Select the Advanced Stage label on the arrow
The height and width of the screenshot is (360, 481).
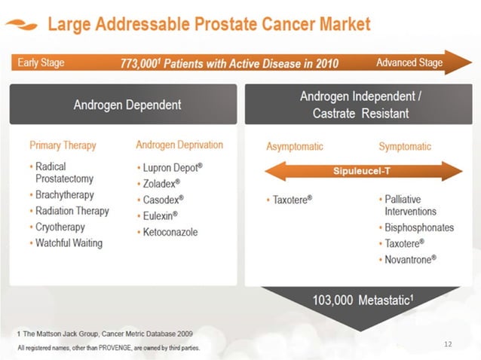point(409,63)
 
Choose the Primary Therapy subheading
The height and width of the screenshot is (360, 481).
point(63,145)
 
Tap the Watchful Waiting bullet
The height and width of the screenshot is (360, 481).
point(69,243)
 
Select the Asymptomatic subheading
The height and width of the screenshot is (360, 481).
point(300,146)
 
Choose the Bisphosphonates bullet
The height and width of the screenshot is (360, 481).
point(419,228)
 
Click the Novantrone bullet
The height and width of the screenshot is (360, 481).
point(411,260)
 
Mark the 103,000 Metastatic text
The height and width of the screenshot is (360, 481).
point(363,301)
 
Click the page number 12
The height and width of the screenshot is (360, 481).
point(449,344)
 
